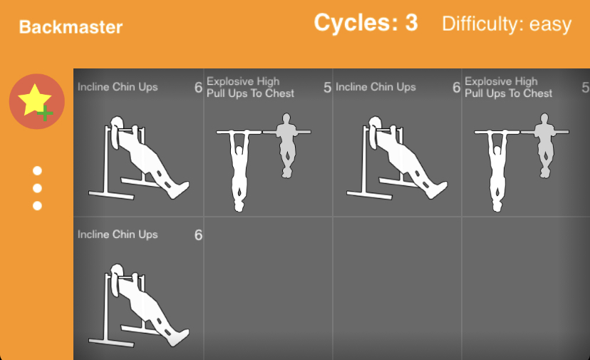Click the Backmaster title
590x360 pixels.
point(71,27)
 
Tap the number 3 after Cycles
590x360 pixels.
point(411,23)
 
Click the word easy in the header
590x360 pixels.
point(550,24)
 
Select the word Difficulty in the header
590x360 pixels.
point(483,24)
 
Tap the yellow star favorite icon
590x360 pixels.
point(34,98)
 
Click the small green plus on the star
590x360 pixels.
point(45,113)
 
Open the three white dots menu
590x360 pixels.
point(37,188)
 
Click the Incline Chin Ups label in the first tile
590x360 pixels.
point(118,87)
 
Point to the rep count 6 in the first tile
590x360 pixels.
point(198,88)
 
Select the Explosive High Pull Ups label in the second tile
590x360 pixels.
point(250,88)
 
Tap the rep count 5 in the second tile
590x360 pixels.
point(327,88)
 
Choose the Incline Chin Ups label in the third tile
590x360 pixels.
point(376,87)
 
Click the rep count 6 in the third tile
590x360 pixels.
point(457,88)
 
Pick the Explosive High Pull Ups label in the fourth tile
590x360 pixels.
point(508,88)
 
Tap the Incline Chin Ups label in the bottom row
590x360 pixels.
point(118,235)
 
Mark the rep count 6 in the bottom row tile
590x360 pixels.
point(198,235)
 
